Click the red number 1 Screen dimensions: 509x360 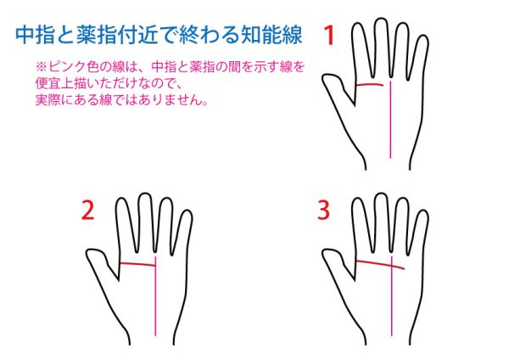329,36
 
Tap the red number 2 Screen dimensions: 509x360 88,211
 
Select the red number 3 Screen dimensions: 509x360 324,211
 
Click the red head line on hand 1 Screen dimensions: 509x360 370,85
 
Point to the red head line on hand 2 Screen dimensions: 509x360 137,264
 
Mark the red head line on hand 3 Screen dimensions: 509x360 380,264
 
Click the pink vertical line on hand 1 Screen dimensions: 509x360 391,120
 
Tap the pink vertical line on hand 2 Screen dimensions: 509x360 155,296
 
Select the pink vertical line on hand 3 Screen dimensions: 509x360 391,296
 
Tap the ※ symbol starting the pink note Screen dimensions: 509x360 42,67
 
